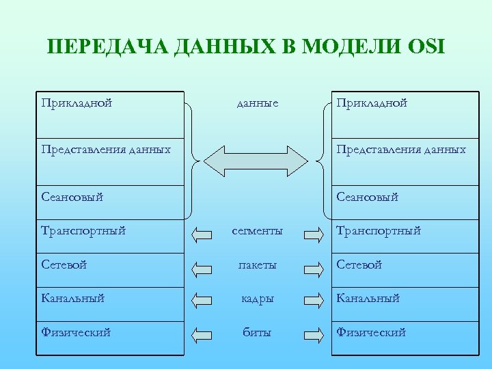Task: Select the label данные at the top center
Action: (x=257, y=103)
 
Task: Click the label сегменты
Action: (x=258, y=231)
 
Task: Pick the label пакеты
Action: (x=258, y=264)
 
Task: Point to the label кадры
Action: (x=258, y=299)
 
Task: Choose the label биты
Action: (x=258, y=333)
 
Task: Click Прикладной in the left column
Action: (x=77, y=103)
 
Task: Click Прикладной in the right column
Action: (x=372, y=103)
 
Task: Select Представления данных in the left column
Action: (x=106, y=149)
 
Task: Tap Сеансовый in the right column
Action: (x=368, y=197)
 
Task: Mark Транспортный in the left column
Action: (x=83, y=231)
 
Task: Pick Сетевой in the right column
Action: (x=359, y=264)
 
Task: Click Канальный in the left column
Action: (x=74, y=299)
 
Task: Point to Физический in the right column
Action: (x=371, y=333)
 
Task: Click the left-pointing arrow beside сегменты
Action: (x=202, y=236)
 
